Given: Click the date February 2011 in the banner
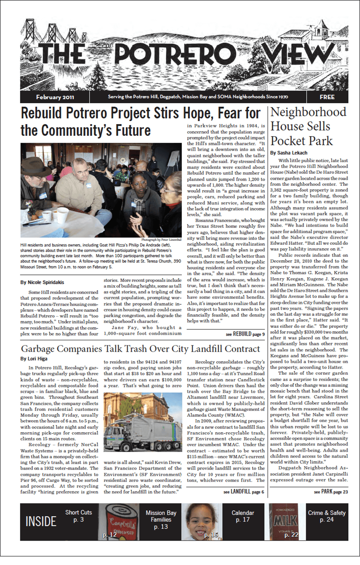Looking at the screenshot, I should point(55,97).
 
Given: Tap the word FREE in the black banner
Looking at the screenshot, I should point(327,97).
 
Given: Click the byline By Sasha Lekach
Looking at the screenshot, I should point(289,152).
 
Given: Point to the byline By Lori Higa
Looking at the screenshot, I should point(35,358).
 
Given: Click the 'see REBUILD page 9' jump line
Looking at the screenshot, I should point(245,334).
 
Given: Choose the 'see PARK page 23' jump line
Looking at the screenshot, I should point(331,492).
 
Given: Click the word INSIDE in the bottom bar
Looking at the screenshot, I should point(41,521).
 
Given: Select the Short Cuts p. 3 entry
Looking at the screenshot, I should point(78,516).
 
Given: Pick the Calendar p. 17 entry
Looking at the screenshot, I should point(243,516).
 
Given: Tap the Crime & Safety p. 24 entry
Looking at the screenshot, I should point(327,516).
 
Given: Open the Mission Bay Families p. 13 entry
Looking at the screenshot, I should point(161,519).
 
